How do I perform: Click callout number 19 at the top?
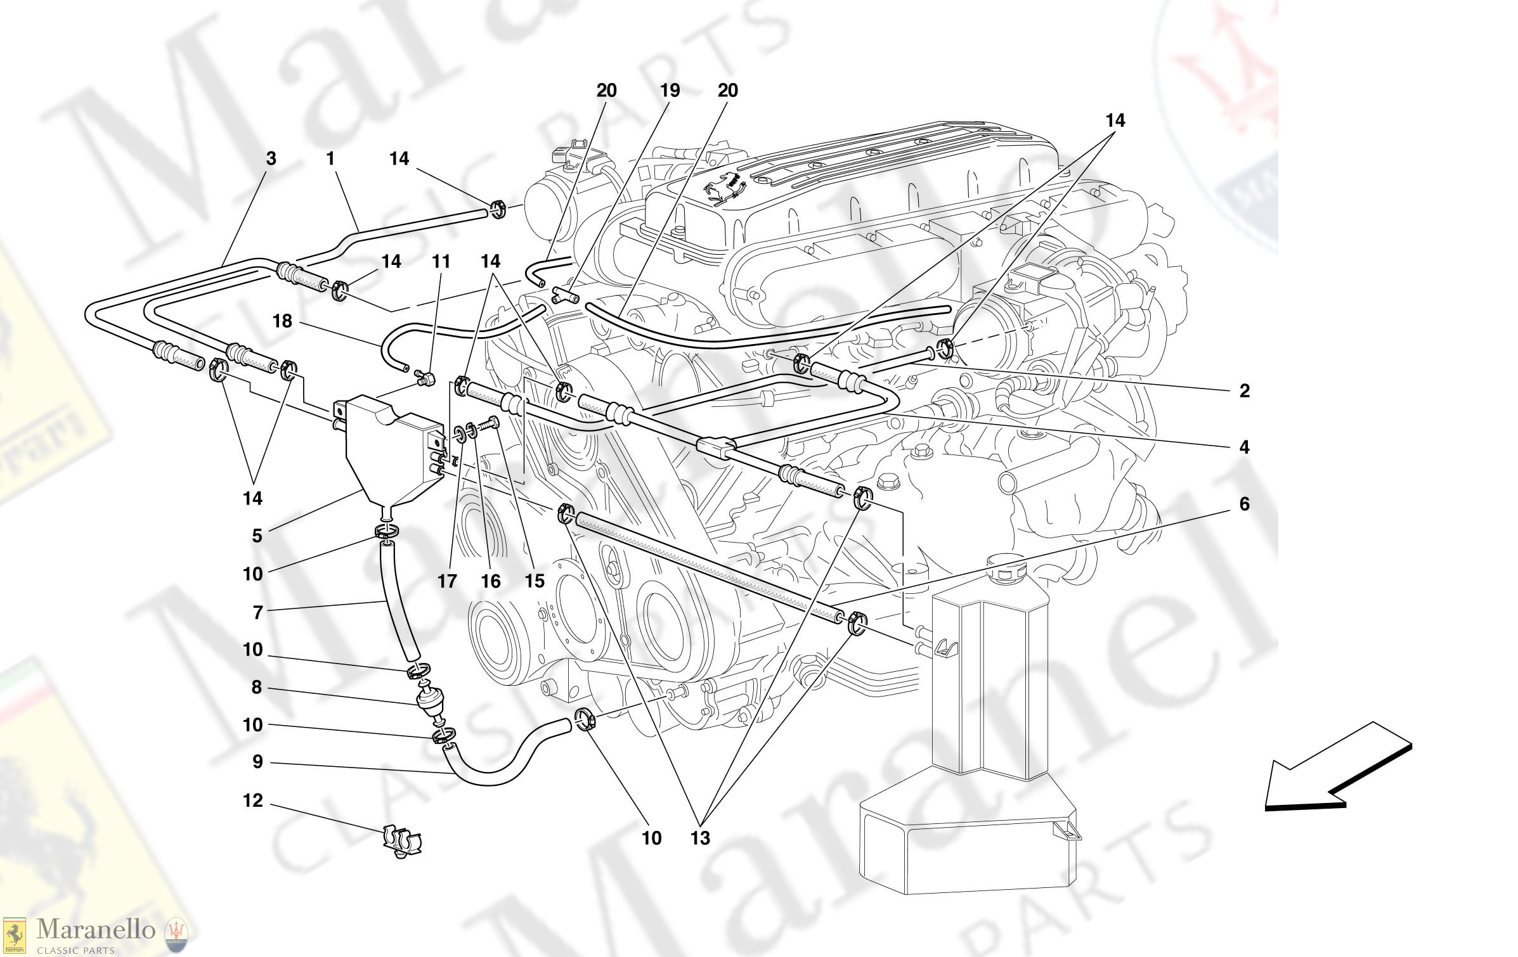670,91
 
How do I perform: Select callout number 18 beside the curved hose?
282,321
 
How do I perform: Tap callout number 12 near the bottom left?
252,800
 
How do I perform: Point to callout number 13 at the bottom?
700,838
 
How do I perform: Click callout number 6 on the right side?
1244,504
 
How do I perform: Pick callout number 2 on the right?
1244,390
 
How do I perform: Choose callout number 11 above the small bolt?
441,261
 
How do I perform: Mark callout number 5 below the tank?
257,536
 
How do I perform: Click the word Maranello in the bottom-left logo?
95,930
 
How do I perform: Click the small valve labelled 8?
430,700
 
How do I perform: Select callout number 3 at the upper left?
271,158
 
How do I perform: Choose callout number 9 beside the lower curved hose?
257,762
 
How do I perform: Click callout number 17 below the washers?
447,581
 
